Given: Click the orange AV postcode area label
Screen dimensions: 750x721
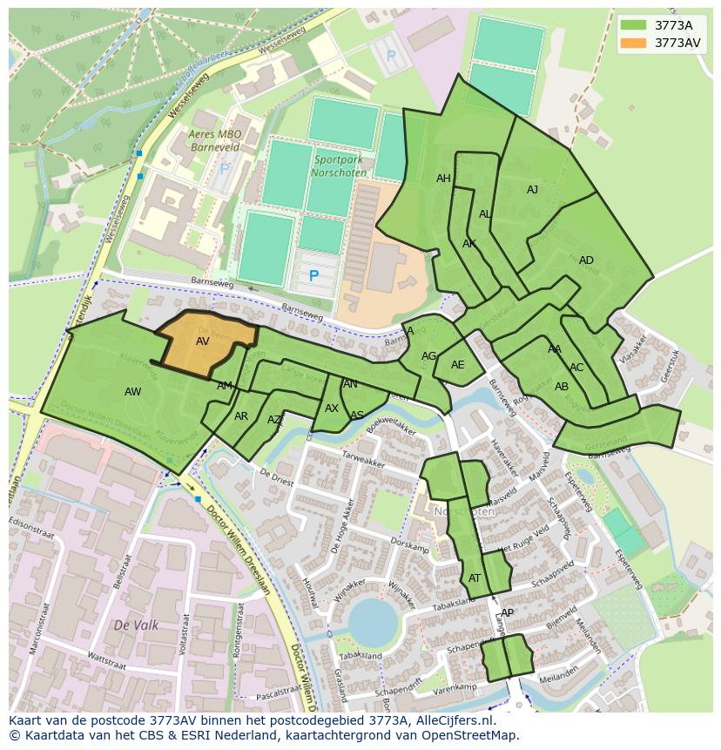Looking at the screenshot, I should (202, 341).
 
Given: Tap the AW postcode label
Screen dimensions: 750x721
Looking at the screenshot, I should (132, 392).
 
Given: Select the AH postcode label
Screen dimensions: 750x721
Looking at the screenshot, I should (443, 179).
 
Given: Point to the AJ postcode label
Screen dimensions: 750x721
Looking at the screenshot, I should (532, 190).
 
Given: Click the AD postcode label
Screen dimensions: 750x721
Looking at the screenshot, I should (586, 260).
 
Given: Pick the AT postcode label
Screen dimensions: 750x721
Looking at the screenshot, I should (475, 578).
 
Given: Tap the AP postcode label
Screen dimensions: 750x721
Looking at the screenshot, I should (507, 612).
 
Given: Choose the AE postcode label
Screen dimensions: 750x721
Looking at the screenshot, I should (457, 365).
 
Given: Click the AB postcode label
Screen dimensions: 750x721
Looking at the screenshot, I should (562, 387).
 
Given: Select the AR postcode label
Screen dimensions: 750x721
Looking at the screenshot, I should (241, 416).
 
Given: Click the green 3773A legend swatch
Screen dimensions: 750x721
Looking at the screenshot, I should (634, 25).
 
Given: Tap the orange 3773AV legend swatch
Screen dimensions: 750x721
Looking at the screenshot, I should (634, 43).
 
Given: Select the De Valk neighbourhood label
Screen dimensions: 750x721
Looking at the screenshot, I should (135, 625).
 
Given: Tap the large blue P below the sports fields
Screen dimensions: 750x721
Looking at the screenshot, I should (313, 276).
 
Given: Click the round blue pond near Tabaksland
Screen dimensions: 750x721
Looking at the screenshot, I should (373, 622).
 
